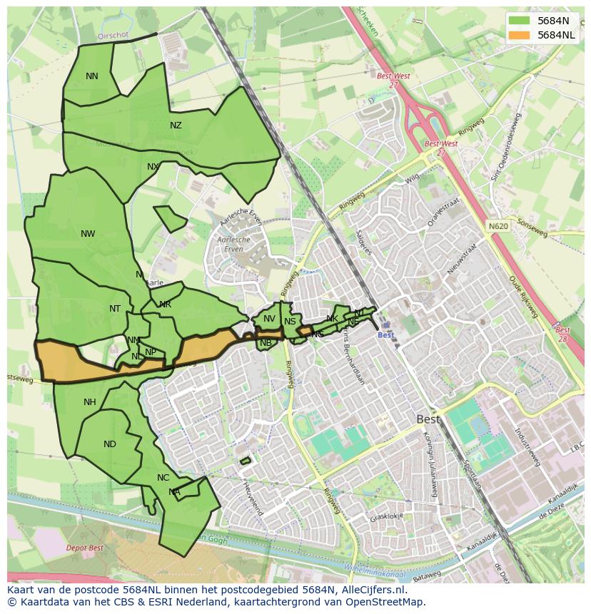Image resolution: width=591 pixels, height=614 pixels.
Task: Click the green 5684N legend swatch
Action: [519, 21]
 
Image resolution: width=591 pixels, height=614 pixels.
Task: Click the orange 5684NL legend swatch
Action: [519, 35]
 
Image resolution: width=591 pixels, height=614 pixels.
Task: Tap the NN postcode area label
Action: [92, 76]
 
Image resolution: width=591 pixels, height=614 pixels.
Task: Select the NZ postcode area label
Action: [176, 126]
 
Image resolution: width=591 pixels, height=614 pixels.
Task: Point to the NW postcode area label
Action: [88, 234]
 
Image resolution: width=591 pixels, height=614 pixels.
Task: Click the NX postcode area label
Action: [153, 167]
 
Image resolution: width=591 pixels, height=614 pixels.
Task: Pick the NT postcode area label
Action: [115, 309]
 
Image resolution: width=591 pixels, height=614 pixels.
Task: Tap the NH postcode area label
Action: [89, 402]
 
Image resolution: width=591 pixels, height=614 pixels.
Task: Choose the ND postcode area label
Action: [109, 444]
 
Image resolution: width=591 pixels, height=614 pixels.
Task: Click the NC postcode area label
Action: [163, 478]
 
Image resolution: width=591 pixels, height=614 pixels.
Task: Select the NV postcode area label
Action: [269, 319]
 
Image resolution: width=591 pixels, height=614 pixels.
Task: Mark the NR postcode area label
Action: [165, 305]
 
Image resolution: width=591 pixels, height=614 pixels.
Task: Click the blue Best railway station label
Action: [385, 335]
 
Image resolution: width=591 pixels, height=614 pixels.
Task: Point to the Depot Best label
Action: [84, 548]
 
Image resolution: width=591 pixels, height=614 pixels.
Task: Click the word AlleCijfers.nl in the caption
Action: [372, 590]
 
